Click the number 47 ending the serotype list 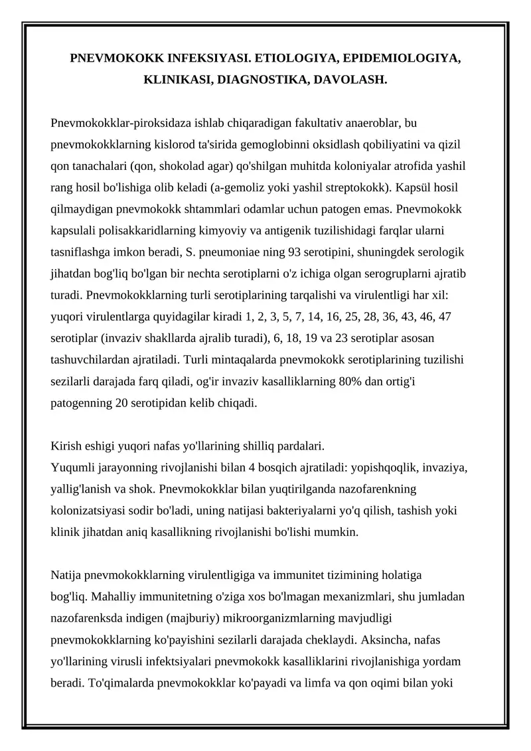click(445, 317)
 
